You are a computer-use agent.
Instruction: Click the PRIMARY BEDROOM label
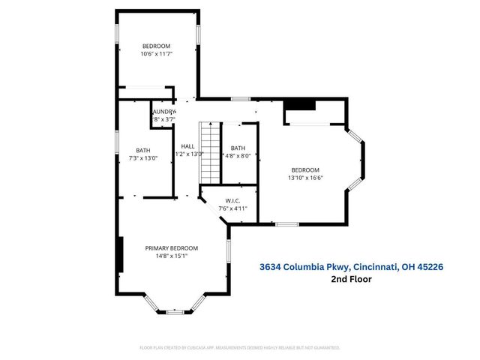(172, 248)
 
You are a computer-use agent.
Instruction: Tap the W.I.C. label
(232, 199)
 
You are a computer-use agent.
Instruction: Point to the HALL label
(188, 146)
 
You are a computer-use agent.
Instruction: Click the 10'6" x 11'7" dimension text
(157, 54)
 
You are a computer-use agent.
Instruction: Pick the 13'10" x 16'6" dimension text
(305, 178)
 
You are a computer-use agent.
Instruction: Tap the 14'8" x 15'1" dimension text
(172, 256)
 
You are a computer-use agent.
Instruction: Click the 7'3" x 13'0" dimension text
(142, 157)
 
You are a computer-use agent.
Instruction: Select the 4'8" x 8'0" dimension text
(238, 155)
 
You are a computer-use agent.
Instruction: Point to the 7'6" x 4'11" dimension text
(232, 208)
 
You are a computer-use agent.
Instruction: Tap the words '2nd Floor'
(351, 279)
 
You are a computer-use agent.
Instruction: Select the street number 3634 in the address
(272, 266)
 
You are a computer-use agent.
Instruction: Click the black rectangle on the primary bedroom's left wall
(120, 255)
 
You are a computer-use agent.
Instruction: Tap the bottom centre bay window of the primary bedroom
(175, 310)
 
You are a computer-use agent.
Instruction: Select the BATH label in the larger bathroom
(142, 150)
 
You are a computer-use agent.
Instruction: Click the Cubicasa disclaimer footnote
(240, 348)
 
